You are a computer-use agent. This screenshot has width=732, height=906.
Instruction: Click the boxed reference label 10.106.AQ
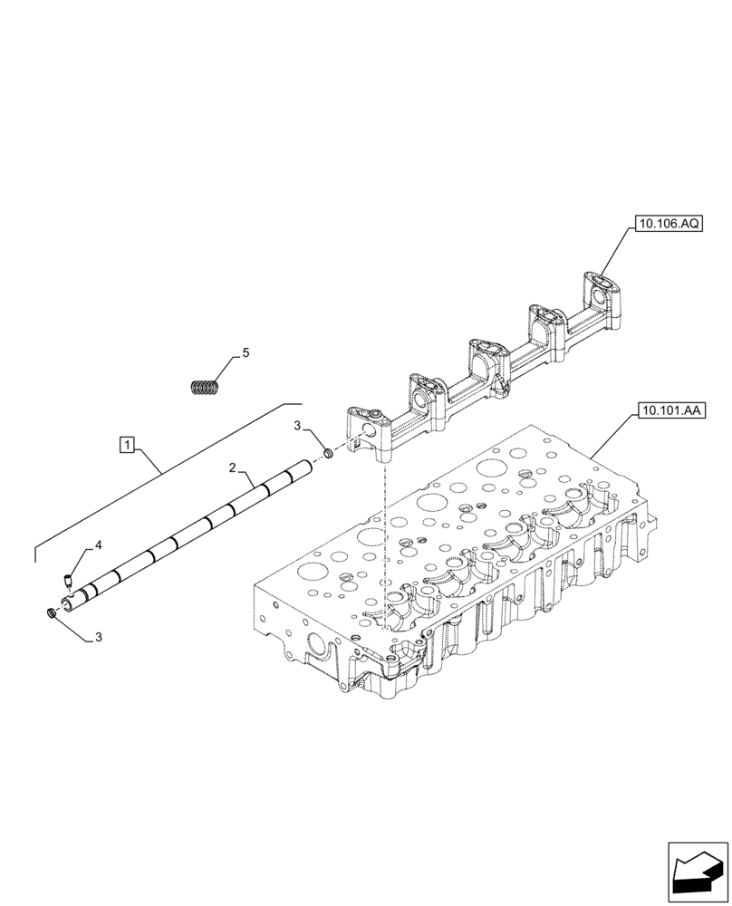(x=669, y=222)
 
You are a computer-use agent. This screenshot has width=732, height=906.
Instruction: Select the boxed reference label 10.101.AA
(x=669, y=410)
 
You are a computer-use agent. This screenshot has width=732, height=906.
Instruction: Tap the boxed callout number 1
(x=128, y=444)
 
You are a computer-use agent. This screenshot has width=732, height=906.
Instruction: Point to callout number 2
(x=233, y=468)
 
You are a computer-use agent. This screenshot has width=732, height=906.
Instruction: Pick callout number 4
(x=98, y=545)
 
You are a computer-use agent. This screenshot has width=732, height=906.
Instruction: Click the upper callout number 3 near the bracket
(x=297, y=426)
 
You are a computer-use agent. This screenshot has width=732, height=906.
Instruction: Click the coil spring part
(x=207, y=387)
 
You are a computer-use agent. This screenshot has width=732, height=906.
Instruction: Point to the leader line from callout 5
(x=228, y=368)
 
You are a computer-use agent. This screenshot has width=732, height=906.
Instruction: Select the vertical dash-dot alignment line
(x=387, y=544)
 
